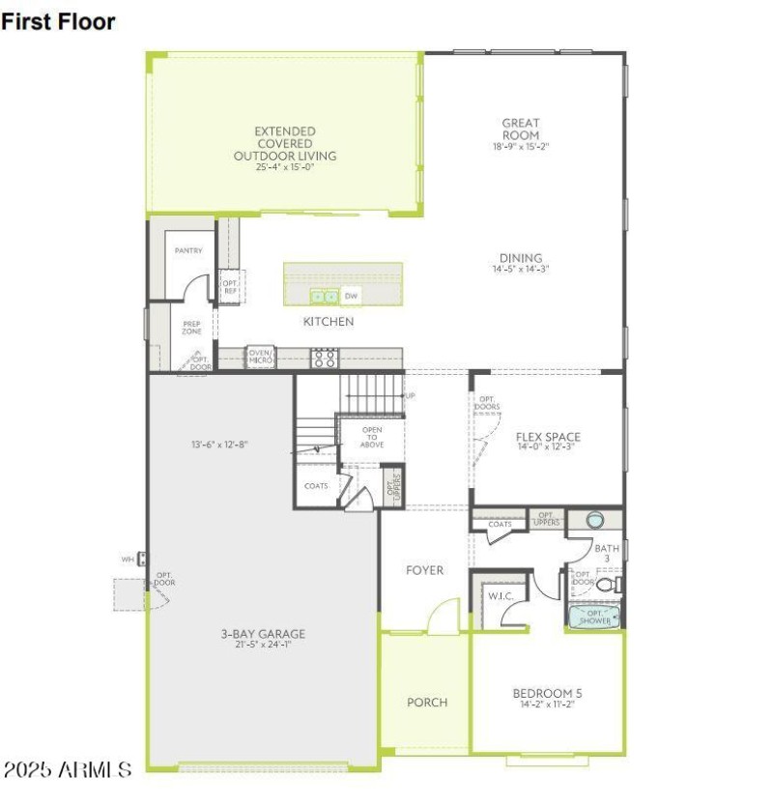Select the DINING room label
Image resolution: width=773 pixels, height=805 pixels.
(520, 258)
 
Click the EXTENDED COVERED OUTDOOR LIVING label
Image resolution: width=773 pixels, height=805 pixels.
(284, 143)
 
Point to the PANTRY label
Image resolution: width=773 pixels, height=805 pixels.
(188, 250)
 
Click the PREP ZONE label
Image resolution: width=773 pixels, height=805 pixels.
(191, 327)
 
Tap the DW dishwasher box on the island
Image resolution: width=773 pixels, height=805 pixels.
(352, 296)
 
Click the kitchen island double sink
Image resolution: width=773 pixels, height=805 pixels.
(324, 296)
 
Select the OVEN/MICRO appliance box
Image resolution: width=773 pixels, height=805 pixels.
(260, 357)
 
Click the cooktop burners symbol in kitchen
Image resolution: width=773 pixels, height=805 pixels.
(324, 358)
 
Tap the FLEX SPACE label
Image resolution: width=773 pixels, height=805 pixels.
(548, 437)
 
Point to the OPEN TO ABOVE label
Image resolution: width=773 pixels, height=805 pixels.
(372, 437)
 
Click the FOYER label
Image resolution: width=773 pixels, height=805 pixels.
(424, 570)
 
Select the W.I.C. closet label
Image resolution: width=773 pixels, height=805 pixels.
(500, 596)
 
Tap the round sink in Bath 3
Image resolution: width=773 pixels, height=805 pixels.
(593, 519)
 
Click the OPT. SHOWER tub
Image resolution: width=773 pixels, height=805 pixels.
(593, 617)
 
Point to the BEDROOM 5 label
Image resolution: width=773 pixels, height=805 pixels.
(547, 693)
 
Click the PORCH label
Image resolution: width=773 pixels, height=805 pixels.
(426, 702)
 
